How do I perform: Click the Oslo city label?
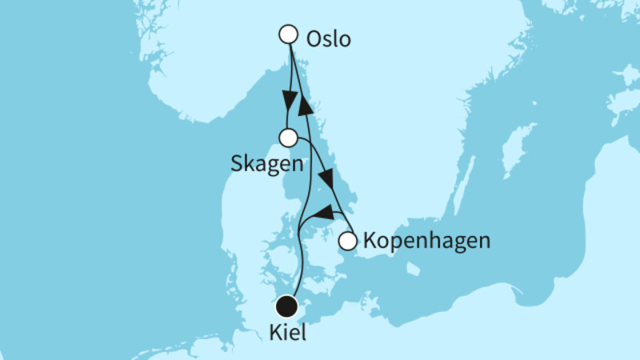(x=328, y=38)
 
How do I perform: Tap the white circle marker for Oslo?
(x=288, y=34)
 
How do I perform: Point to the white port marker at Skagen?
(x=288, y=138)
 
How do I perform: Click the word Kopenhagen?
(x=426, y=240)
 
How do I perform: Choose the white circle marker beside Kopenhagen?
(x=347, y=240)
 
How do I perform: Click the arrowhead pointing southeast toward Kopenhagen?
(x=327, y=178)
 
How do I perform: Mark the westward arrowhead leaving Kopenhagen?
(x=322, y=213)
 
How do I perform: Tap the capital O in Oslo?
(x=313, y=38)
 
